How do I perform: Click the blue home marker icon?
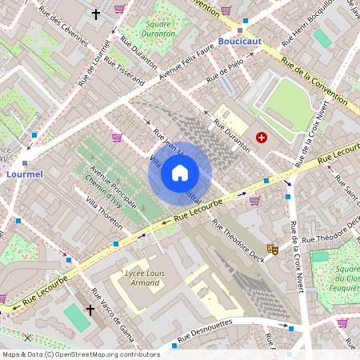coord(180,172)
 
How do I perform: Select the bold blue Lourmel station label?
coord(24,173)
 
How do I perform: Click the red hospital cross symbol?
coord(261,138)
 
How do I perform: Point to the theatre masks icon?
coord(272,250)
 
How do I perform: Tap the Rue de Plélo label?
coord(225,71)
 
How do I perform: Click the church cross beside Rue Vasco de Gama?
coord(90,309)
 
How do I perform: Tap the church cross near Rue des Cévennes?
coord(96,14)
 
